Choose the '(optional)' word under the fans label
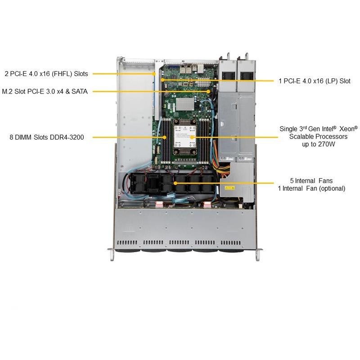[330, 189]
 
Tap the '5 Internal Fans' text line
[311, 180]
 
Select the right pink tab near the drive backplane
[207, 205]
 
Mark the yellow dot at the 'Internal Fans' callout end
[175, 184]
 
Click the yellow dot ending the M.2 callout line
[209, 91]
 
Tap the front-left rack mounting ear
[111, 254]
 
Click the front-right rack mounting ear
[257, 254]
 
